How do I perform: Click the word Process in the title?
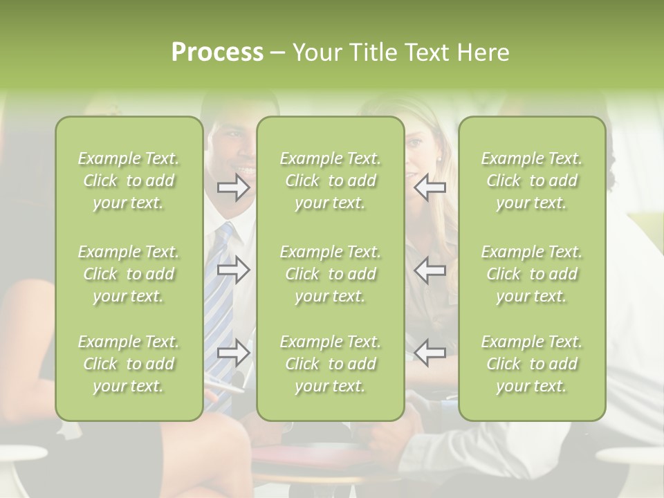[x=217, y=53]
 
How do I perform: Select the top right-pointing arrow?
[x=234, y=187]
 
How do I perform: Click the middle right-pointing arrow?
[x=234, y=270]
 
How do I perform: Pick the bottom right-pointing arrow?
[x=234, y=353]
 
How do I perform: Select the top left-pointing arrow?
[x=430, y=187]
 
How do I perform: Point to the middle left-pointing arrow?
[x=430, y=270]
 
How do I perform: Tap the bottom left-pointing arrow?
[x=430, y=353]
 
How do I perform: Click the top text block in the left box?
[x=129, y=181]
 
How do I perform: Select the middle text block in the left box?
[x=129, y=274]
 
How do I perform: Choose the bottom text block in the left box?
[x=129, y=364]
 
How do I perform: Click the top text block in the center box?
[x=330, y=181]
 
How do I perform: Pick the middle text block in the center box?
[x=330, y=274]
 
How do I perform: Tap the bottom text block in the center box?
[x=330, y=364]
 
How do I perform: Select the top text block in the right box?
[x=531, y=181]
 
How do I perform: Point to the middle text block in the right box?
[x=531, y=274]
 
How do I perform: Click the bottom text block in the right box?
[x=531, y=364]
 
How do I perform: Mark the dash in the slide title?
[x=278, y=53]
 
